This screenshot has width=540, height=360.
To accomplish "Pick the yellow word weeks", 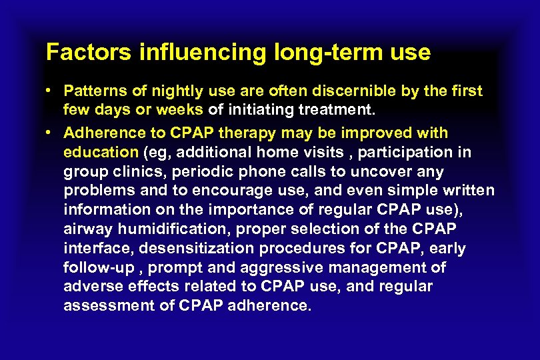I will pos(183,109).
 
